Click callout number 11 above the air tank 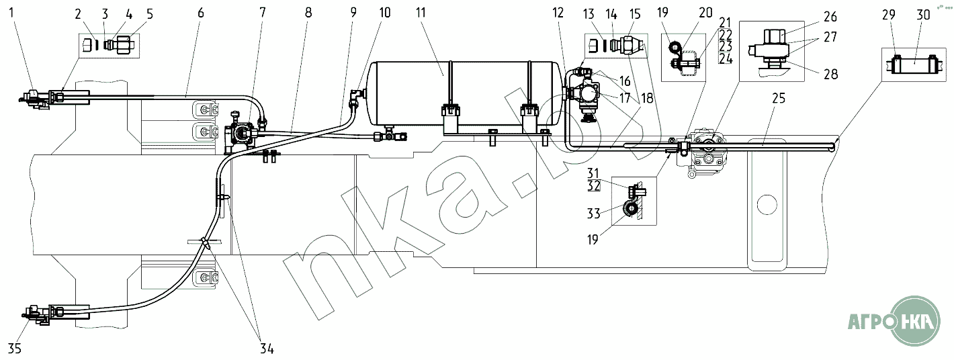point(421,13)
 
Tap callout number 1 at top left point(11,13)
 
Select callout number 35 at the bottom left point(15,349)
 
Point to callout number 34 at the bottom point(267,349)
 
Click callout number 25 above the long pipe point(779,98)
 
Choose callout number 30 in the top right point(923,15)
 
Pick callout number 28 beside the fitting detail point(831,74)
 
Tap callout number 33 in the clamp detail point(594,213)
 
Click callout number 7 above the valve point(262,13)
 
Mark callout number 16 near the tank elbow point(625,81)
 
